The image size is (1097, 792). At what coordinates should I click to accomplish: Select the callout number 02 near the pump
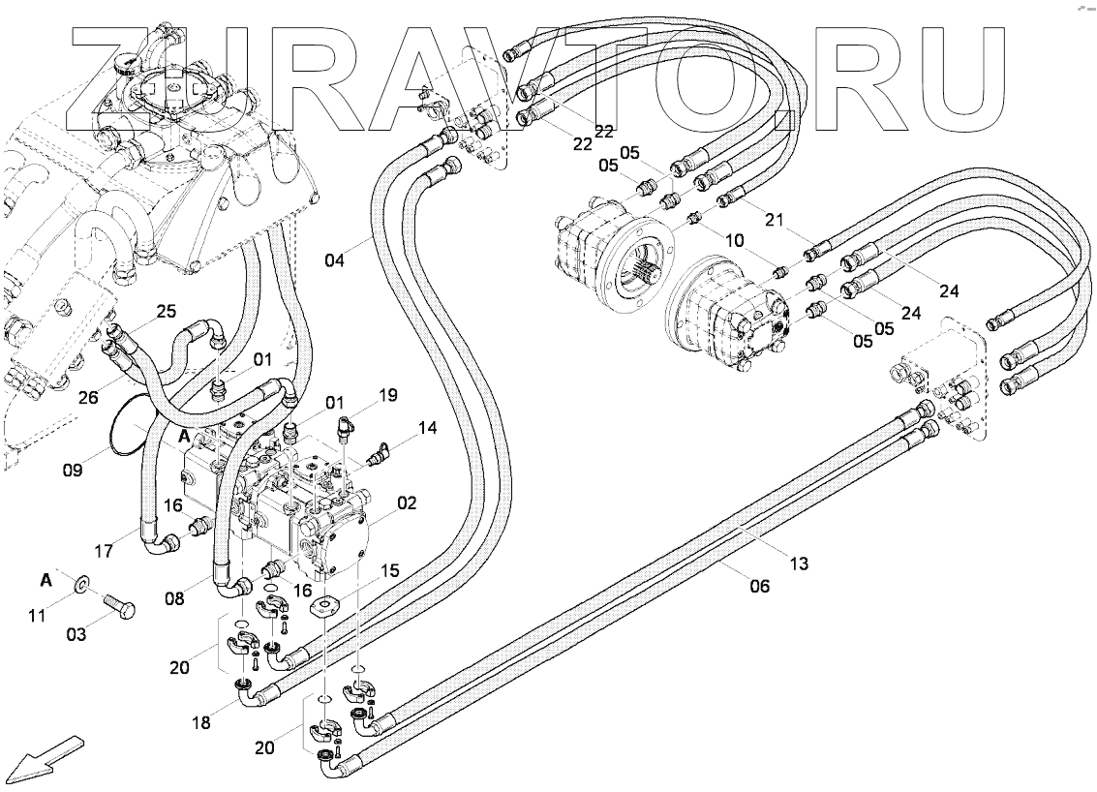(407, 503)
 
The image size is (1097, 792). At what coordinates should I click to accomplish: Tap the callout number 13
(799, 563)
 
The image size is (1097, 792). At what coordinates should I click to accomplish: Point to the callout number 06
(760, 585)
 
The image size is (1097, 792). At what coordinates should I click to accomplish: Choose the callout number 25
(167, 311)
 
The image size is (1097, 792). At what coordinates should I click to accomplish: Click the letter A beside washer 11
(46, 580)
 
